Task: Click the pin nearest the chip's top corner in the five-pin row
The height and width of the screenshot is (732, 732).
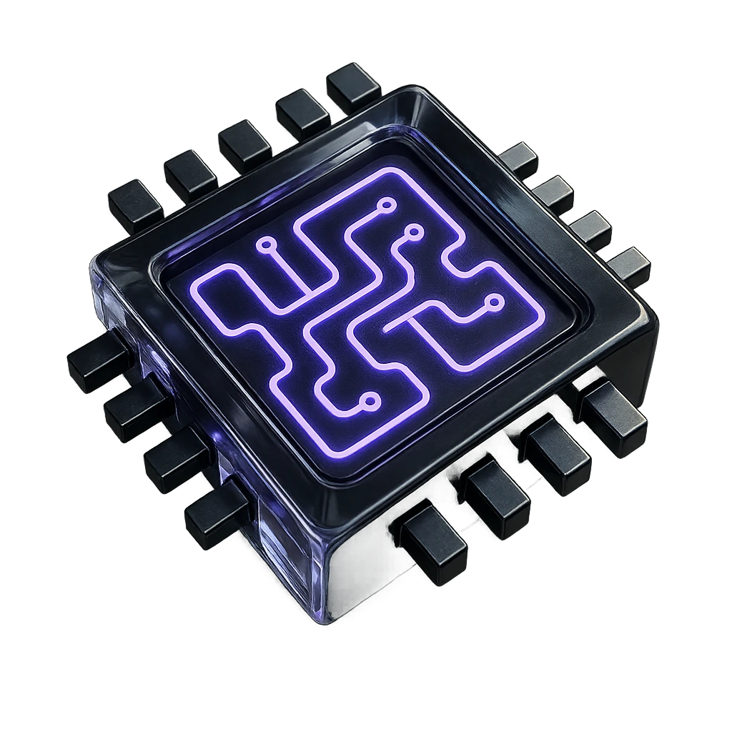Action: [354, 87]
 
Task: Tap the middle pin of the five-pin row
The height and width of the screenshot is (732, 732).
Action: [244, 145]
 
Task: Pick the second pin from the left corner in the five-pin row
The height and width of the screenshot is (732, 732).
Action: [190, 175]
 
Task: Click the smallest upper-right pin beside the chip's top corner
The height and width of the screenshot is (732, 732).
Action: [519, 160]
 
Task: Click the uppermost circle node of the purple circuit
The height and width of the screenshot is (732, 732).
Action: [387, 205]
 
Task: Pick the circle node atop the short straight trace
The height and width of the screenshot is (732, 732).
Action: [267, 245]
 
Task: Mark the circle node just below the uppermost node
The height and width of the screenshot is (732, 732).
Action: [412, 230]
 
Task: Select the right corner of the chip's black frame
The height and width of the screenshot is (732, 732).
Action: [652, 315]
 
